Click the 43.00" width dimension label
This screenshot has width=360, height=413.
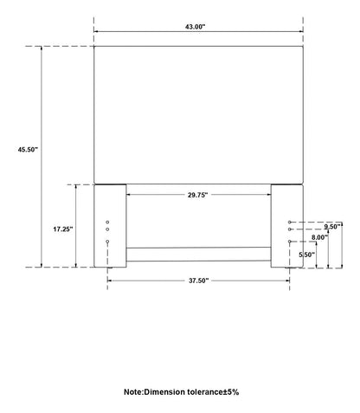click(195, 27)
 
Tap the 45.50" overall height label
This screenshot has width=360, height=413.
click(28, 150)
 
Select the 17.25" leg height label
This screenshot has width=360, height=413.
click(63, 229)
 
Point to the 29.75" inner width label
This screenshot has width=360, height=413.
click(197, 195)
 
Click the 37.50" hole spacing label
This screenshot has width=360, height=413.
click(198, 281)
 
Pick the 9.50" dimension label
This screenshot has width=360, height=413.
click(331, 227)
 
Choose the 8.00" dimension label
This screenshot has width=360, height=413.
click(320, 237)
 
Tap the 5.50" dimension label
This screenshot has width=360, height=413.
click(306, 255)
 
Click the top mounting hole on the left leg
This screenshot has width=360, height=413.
click(107, 223)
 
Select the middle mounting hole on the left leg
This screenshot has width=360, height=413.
click(107, 229)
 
